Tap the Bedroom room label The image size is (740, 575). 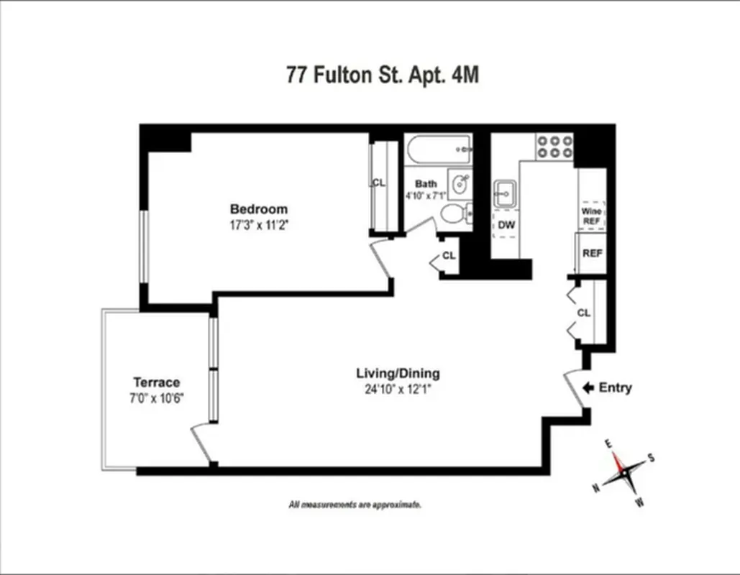[258, 209]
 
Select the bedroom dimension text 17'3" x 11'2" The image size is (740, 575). [258, 224]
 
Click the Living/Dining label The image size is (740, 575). [398, 374]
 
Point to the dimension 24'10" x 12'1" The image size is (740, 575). [398, 390]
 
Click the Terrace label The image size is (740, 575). [156, 382]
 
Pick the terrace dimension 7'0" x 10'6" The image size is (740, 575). [156, 397]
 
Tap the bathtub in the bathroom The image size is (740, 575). [438, 151]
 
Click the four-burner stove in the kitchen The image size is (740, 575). [554, 146]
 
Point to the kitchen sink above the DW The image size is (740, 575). [504, 193]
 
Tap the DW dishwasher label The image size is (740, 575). [506, 224]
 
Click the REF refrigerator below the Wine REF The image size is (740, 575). [592, 253]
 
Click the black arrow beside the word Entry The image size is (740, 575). [587, 388]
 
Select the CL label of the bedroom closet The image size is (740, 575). [378, 183]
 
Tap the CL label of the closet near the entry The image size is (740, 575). [584, 313]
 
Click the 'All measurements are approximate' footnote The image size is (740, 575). [355, 505]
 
